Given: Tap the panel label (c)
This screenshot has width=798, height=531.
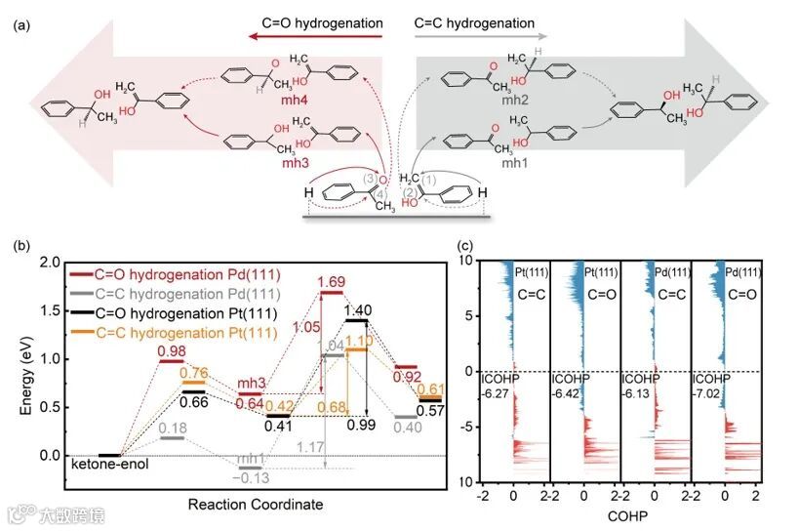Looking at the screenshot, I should coord(467,245).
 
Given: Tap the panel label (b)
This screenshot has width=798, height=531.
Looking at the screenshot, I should coord(20,245).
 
